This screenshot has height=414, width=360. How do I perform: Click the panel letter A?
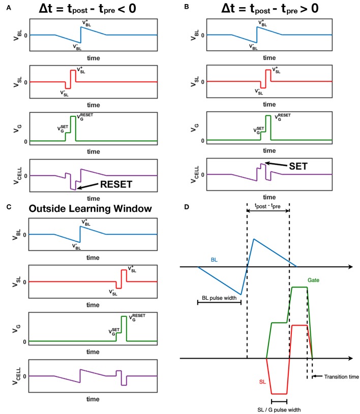pos(6,7)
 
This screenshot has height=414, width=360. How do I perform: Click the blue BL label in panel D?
pos(215,259)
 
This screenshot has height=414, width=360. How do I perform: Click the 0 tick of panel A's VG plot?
pos(25,141)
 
